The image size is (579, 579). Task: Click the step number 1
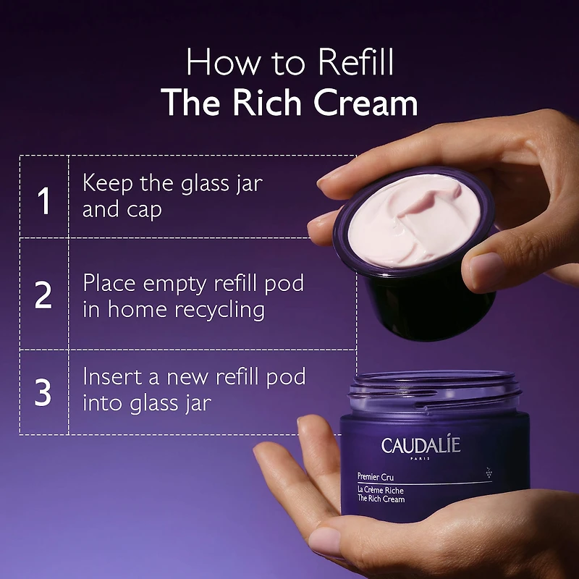(x=44, y=200)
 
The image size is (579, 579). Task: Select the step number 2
(x=44, y=296)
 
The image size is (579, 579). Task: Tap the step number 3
(x=44, y=392)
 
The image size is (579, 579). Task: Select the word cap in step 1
(x=145, y=210)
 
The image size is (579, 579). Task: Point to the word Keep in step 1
(x=109, y=182)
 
